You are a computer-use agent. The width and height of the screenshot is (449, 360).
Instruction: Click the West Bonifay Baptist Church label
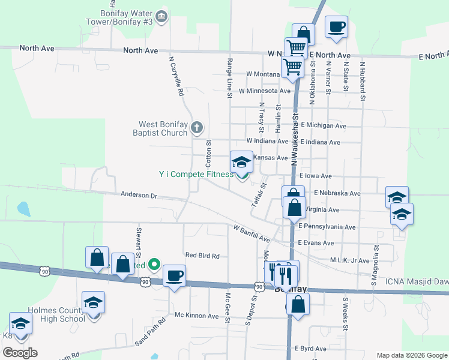(x=162, y=129)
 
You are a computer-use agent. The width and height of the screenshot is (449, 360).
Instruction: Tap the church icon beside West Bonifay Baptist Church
(x=197, y=127)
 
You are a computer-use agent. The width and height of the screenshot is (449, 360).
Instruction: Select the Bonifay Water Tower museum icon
(x=161, y=17)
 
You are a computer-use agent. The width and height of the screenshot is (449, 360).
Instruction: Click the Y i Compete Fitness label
(x=196, y=174)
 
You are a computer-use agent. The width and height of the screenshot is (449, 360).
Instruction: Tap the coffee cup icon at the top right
(x=336, y=27)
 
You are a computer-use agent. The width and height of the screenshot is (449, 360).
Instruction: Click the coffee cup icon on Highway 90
(x=174, y=276)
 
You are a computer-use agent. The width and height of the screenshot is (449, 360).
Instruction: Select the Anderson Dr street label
(x=138, y=195)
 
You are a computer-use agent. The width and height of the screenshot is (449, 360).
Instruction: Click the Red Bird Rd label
(x=202, y=256)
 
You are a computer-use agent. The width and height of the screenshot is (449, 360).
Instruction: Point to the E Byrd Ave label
(x=310, y=349)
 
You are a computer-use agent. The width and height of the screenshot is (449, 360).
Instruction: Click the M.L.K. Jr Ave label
(x=351, y=260)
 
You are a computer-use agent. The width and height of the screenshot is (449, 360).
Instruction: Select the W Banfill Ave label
(x=252, y=234)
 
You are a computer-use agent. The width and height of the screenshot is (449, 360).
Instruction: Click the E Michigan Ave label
(x=324, y=126)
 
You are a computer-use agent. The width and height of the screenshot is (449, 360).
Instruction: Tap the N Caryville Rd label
(x=175, y=77)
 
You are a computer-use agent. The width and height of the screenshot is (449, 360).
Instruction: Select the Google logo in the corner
(x=20, y=353)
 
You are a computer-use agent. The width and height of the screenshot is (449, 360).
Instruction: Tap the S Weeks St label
(x=345, y=313)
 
